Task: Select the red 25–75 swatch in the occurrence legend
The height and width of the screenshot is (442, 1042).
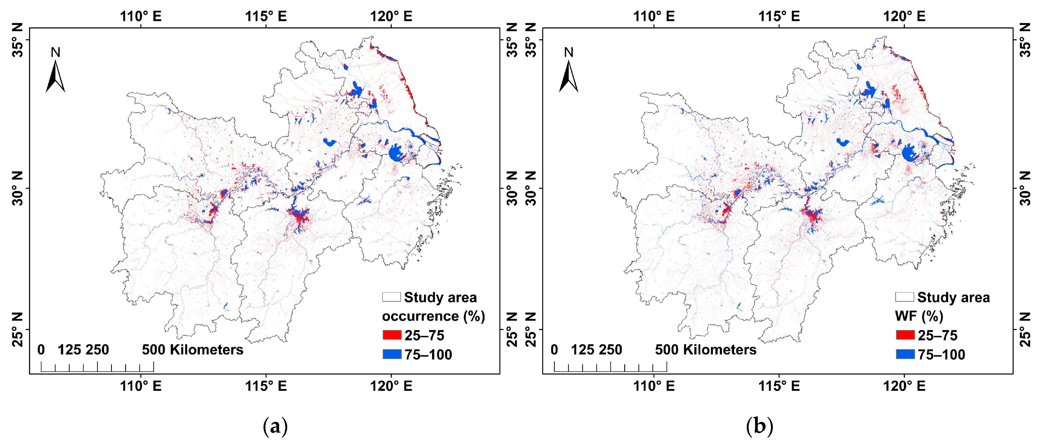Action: click(x=392, y=335)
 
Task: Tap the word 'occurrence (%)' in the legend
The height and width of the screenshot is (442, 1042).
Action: click(x=433, y=316)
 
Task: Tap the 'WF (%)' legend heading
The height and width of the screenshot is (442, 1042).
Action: click(x=919, y=316)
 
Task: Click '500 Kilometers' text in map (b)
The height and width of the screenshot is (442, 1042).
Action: click(x=705, y=349)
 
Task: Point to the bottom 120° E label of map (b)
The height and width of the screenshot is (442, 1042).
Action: click(x=904, y=386)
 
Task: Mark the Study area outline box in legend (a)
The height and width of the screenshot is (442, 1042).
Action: click(x=391, y=297)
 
